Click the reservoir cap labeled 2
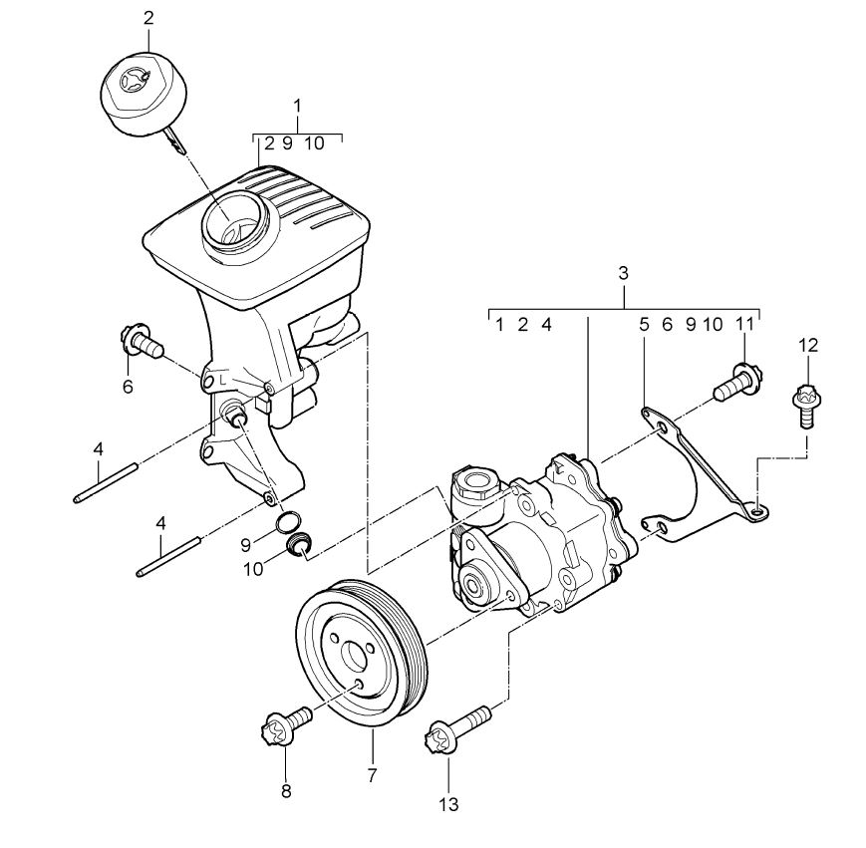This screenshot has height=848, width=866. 144,94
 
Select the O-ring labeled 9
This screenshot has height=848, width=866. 288,522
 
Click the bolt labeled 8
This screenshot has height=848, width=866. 284,726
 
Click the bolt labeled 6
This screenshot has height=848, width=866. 141,342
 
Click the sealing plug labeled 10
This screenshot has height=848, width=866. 300,544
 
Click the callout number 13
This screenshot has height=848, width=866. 449,804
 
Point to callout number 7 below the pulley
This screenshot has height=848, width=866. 372,775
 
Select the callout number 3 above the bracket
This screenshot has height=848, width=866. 624,273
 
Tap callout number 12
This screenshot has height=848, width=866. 807,346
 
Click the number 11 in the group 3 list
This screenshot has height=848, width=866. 744,325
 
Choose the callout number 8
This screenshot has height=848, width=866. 286,791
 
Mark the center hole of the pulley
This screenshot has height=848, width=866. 354,656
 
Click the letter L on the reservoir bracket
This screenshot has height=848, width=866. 222,380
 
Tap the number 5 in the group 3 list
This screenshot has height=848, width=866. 644,325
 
